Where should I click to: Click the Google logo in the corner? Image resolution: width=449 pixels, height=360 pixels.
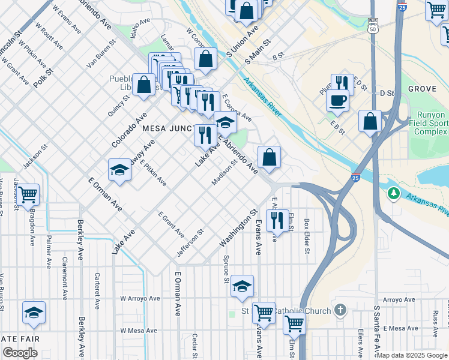point(20,353)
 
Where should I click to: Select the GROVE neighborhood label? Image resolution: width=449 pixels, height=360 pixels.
point(422,89)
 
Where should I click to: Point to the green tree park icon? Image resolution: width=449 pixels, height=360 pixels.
point(394,193)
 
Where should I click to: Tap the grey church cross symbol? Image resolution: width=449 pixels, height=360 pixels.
point(340,310)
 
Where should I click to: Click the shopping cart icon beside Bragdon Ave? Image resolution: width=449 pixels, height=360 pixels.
point(28,194)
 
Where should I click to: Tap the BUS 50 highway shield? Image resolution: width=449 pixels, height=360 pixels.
point(373,25)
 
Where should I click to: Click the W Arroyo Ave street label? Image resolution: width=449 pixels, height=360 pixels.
point(140,298)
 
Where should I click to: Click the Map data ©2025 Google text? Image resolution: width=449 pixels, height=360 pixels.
point(412,355)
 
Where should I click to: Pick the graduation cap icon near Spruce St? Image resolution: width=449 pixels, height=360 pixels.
point(242,286)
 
